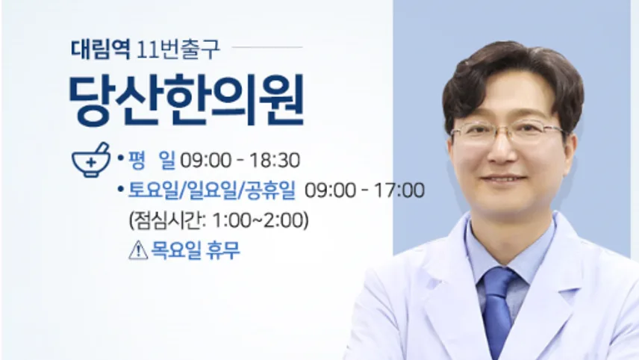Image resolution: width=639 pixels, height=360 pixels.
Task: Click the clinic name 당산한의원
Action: pos(187,100)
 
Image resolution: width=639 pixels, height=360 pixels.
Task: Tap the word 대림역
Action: pos(100,49)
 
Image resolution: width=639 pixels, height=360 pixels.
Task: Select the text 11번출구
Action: pos(178,49)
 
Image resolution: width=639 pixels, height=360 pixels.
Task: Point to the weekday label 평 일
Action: pos(152,160)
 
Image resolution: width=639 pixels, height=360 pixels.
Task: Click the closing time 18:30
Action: pos(275,161)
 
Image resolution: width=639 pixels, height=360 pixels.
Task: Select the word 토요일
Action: pos(154,190)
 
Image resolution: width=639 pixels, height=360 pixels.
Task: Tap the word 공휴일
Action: pos(271,190)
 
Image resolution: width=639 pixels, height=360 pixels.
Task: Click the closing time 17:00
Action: pos(399,190)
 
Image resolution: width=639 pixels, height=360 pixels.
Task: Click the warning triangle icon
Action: pos(138,250)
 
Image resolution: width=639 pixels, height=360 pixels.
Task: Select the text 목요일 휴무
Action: pos(195,250)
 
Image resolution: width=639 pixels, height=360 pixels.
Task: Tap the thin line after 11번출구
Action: pos(267,47)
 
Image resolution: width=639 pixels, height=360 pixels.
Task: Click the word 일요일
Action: pos(211,190)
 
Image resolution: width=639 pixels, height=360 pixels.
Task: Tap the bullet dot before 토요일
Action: pos(120,189)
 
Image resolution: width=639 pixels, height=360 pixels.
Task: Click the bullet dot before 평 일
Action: pos(120,158)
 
